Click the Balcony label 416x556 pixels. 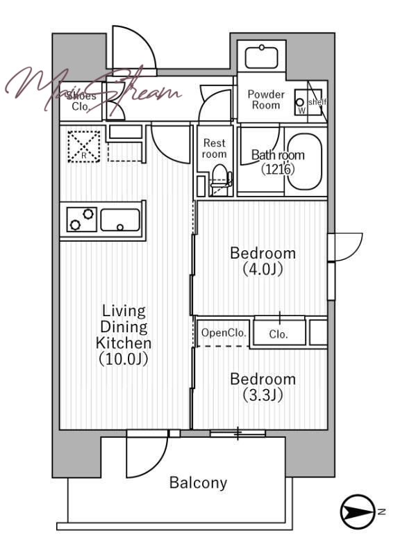[x=198, y=482]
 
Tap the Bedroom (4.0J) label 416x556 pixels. [x=263, y=261]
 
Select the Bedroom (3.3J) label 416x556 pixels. [x=263, y=387]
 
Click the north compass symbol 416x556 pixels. [x=358, y=512]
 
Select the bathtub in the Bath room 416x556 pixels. [x=305, y=162]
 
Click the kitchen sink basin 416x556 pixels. [x=120, y=220]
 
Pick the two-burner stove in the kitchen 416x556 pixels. [x=82, y=220]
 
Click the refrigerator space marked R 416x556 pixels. [x=83, y=147]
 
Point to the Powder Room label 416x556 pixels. [x=266, y=99]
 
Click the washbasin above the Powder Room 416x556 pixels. [x=262, y=57]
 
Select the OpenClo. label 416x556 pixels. [x=223, y=333]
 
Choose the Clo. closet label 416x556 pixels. [x=278, y=334]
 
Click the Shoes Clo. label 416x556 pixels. [x=81, y=101]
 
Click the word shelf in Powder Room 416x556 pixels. [x=317, y=102]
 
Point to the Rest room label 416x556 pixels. [x=215, y=148]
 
